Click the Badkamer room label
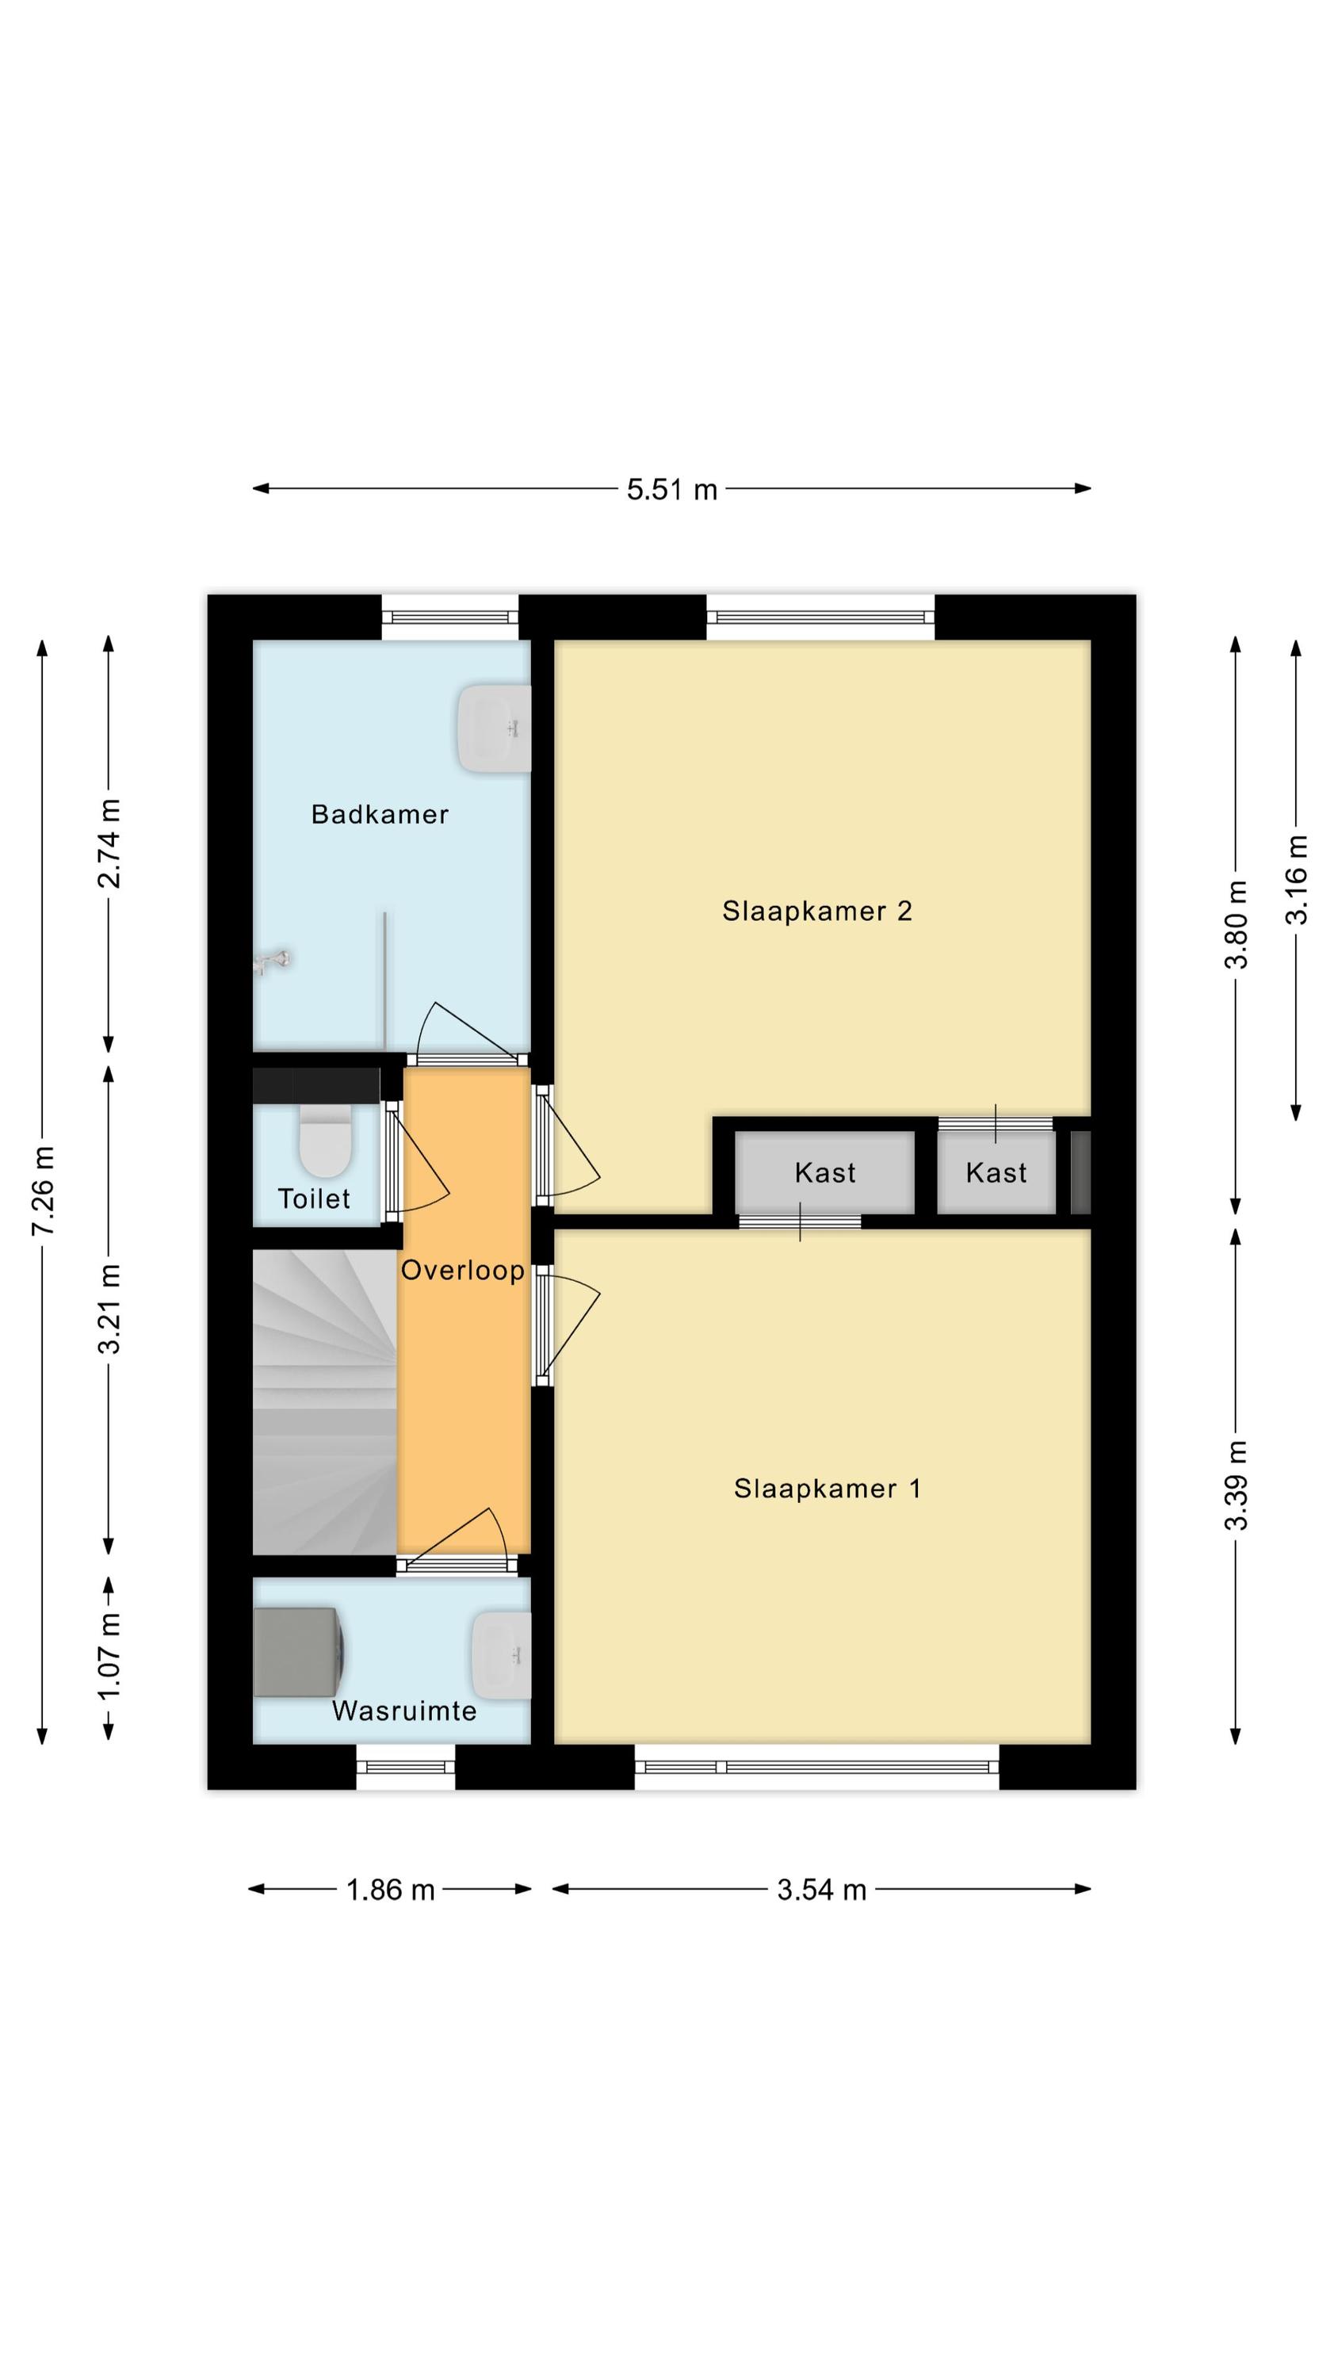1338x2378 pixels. click(380, 814)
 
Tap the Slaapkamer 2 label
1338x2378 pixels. click(817, 911)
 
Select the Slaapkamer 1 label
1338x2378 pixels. click(828, 1488)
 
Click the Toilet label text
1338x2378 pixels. click(314, 1199)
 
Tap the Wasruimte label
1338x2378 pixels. click(404, 1711)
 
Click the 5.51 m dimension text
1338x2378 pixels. click(672, 489)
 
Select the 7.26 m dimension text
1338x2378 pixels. click(44, 1190)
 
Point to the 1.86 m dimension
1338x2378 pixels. click(391, 1890)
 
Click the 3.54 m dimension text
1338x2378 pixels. click(822, 1890)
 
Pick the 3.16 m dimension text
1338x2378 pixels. click(1297, 879)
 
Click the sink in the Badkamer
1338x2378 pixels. click(495, 728)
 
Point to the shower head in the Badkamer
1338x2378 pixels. click(273, 962)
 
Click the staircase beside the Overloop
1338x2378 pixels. click(325, 1401)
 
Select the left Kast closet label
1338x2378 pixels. click(825, 1172)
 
